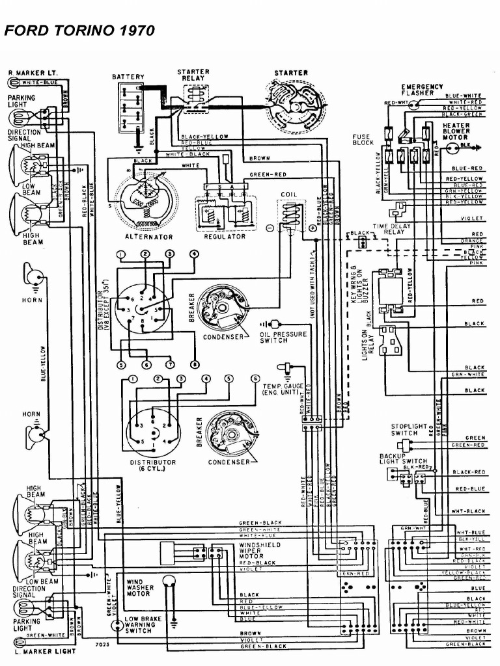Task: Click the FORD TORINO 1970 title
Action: [x=79, y=31]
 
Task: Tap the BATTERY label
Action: [x=128, y=77]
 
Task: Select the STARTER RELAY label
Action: [x=193, y=74]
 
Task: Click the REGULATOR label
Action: [x=224, y=237]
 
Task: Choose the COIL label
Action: [x=289, y=194]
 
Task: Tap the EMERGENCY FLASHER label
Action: [x=422, y=90]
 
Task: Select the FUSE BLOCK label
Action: [x=363, y=140]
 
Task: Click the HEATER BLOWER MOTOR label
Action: [x=456, y=131]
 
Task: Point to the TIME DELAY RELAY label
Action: [x=389, y=228]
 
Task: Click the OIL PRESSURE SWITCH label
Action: [x=283, y=337]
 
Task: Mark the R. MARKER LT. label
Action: [x=29, y=72]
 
